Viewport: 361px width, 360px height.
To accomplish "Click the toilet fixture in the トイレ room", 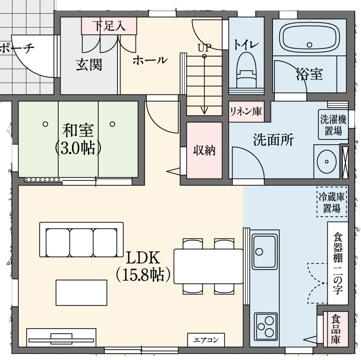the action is pos(247,70).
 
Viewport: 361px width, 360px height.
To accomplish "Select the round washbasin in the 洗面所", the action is pos(326,161).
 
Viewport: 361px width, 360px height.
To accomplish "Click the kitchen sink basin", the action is pos(264,251).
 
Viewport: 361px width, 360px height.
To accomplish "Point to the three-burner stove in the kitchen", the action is pos(266,326).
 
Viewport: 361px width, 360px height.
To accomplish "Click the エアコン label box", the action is pos(206,340).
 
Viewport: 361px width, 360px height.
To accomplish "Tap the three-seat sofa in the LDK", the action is pos(81,240).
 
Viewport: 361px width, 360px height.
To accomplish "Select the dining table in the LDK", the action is pos(208,266).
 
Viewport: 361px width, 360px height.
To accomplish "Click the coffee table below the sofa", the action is pos(82,292).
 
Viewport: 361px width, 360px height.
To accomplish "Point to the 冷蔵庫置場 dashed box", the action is pos(332,202).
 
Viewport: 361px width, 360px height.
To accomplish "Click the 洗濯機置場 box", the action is pos(333,125).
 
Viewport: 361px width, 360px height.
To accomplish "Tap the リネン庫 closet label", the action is pos(246,112).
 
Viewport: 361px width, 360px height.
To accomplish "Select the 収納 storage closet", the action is pos(204,150).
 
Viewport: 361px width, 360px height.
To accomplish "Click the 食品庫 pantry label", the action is pos(336,329).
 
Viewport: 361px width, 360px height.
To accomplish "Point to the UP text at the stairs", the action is pos(204,47).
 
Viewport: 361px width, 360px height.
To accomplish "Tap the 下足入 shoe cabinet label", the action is pos(109,25).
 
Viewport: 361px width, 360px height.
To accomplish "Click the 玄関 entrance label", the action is pos(89,65).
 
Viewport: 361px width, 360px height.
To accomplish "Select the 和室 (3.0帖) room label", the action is pos(78,139).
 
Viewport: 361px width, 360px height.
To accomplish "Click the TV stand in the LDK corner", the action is pos(61,337).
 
